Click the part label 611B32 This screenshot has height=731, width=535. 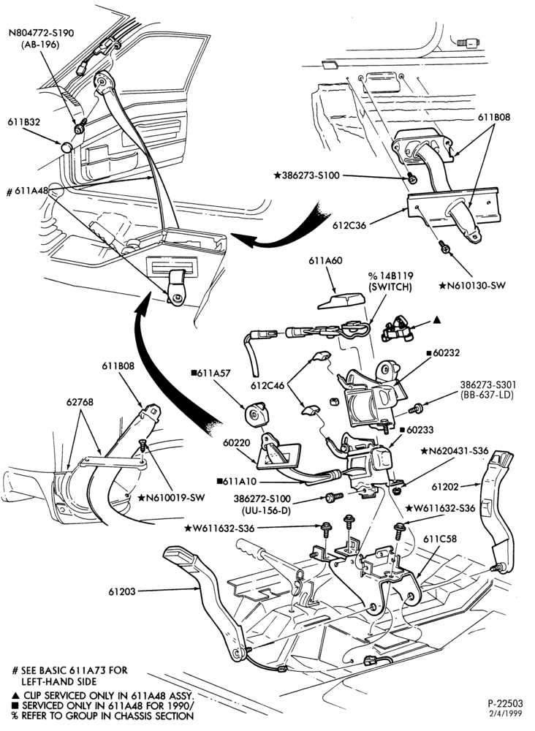(x=24, y=122)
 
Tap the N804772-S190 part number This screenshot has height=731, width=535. (x=42, y=34)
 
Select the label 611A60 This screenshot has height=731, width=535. (x=325, y=261)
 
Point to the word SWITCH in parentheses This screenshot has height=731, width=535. (x=390, y=287)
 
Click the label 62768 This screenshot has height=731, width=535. (x=79, y=402)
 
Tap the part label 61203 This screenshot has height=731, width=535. (x=123, y=591)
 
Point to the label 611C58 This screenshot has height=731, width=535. (x=440, y=539)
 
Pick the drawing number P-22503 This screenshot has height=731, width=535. (x=505, y=703)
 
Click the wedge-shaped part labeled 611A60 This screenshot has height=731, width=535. (x=341, y=300)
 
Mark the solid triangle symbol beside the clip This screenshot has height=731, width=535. (x=436, y=320)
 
